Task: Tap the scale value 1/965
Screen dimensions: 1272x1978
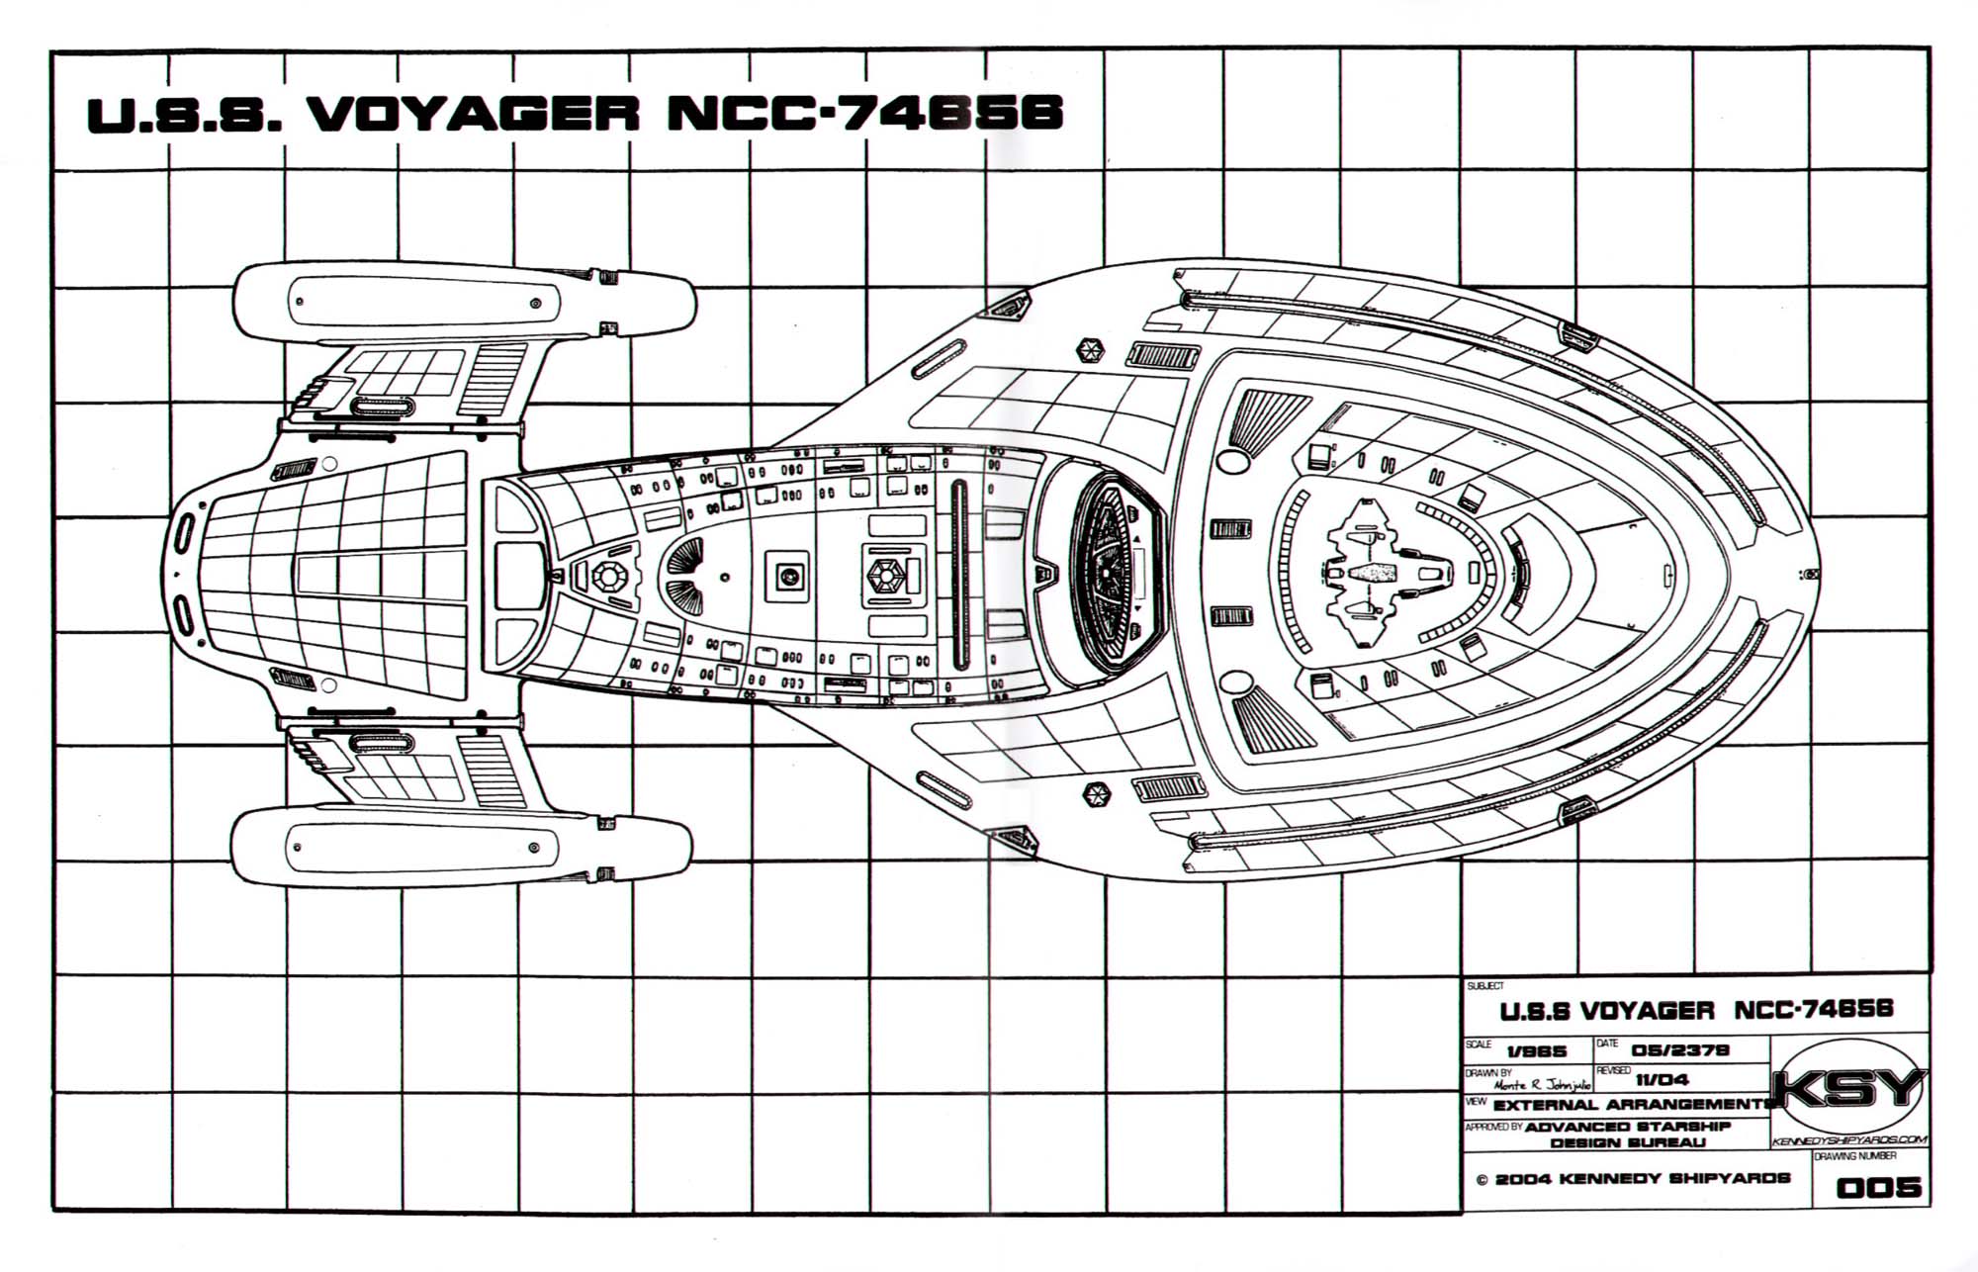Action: [x=1536, y=1052]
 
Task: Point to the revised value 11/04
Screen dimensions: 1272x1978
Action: [x=1662, y=1080]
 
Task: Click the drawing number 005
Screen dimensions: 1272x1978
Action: [x=1878, y=1187]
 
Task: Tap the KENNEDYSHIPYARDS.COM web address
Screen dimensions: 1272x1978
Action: [x=1848, y=1140]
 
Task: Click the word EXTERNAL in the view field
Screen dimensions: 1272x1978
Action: [x=1545, y=1105]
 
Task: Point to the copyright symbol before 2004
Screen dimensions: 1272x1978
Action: [x=1482, y=1179]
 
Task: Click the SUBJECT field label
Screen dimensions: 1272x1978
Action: [x=1485, y=986]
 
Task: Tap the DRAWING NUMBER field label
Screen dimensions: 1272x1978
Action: [x=1854, y=1155]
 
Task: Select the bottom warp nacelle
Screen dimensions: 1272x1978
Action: [x=461, y=849]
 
